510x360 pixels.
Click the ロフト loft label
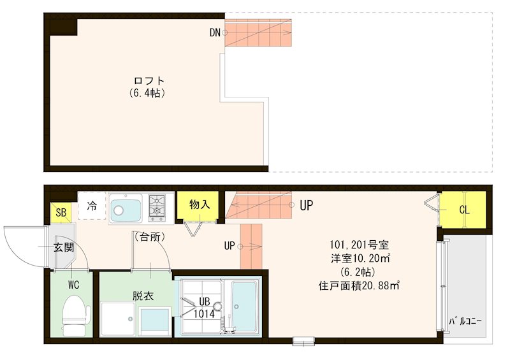click(x=149, y=81)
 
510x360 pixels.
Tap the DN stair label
click(x=214, y=32)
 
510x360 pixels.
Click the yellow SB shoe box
click(x=61, y=212)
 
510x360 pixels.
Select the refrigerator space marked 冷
click(x=92, y=206)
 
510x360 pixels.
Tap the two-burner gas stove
click(x=157, y=206)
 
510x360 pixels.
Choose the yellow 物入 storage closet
click(x=199, y=205)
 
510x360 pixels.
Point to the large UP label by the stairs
click(x=306, y=205)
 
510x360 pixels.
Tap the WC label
click(x=74, y=285)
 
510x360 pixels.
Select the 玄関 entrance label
click(x=62, y=247)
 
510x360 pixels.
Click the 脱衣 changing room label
click(x=143, y=295)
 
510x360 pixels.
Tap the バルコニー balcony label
click(x=465, y=320)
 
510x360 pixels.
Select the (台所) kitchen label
click(x=150, y=236)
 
